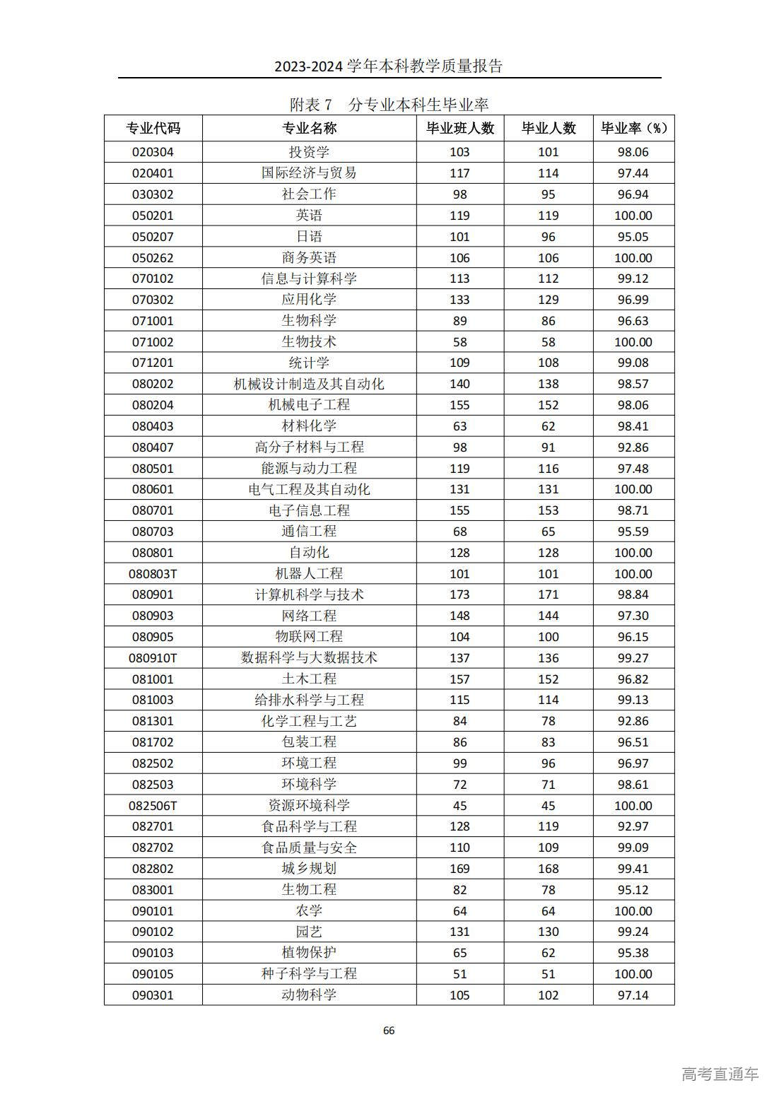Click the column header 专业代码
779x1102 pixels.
tap(153, 128)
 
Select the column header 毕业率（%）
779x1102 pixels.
tap(633, 128)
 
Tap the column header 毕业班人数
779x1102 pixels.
tap(459, 128)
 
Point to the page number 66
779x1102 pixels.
tap(389, 1031)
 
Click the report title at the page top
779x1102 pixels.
tap(389, 66)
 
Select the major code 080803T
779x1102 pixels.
tap(153, 573)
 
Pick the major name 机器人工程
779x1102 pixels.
tap(309, 573)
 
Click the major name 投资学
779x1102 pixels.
tap(309, 152)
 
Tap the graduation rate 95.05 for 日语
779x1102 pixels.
tap(633, 237)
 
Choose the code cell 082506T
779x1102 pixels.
tap(153, 806)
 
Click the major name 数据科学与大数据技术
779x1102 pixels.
tap(309, 657)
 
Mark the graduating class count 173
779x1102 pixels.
tap(459, 594)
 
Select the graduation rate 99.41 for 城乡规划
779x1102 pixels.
tap(633, 869)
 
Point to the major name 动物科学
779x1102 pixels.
tap(309, 995)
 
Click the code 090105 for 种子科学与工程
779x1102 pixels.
tap(153, 974)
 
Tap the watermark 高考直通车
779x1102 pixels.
tap(720, 1074)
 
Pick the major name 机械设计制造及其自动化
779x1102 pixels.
tap(309, 384)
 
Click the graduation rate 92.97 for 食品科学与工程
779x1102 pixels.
tap(633, 826)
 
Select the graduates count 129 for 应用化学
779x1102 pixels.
tap(548, 300)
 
